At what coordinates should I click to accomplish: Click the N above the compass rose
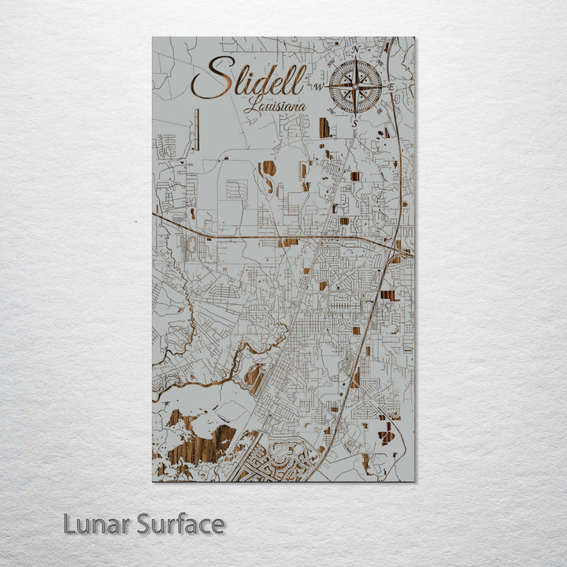coord(356,49)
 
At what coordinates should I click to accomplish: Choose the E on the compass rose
coord(390,86)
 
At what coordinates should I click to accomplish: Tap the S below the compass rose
coord(355,123)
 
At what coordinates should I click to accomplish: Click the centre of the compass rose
coord(355,85)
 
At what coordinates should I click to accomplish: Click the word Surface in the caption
coord(180,524)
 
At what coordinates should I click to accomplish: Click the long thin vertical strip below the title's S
coord(197,129)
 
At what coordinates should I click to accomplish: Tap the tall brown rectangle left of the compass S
coord(324,128)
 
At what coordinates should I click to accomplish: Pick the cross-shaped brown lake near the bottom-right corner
coord(387,432)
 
